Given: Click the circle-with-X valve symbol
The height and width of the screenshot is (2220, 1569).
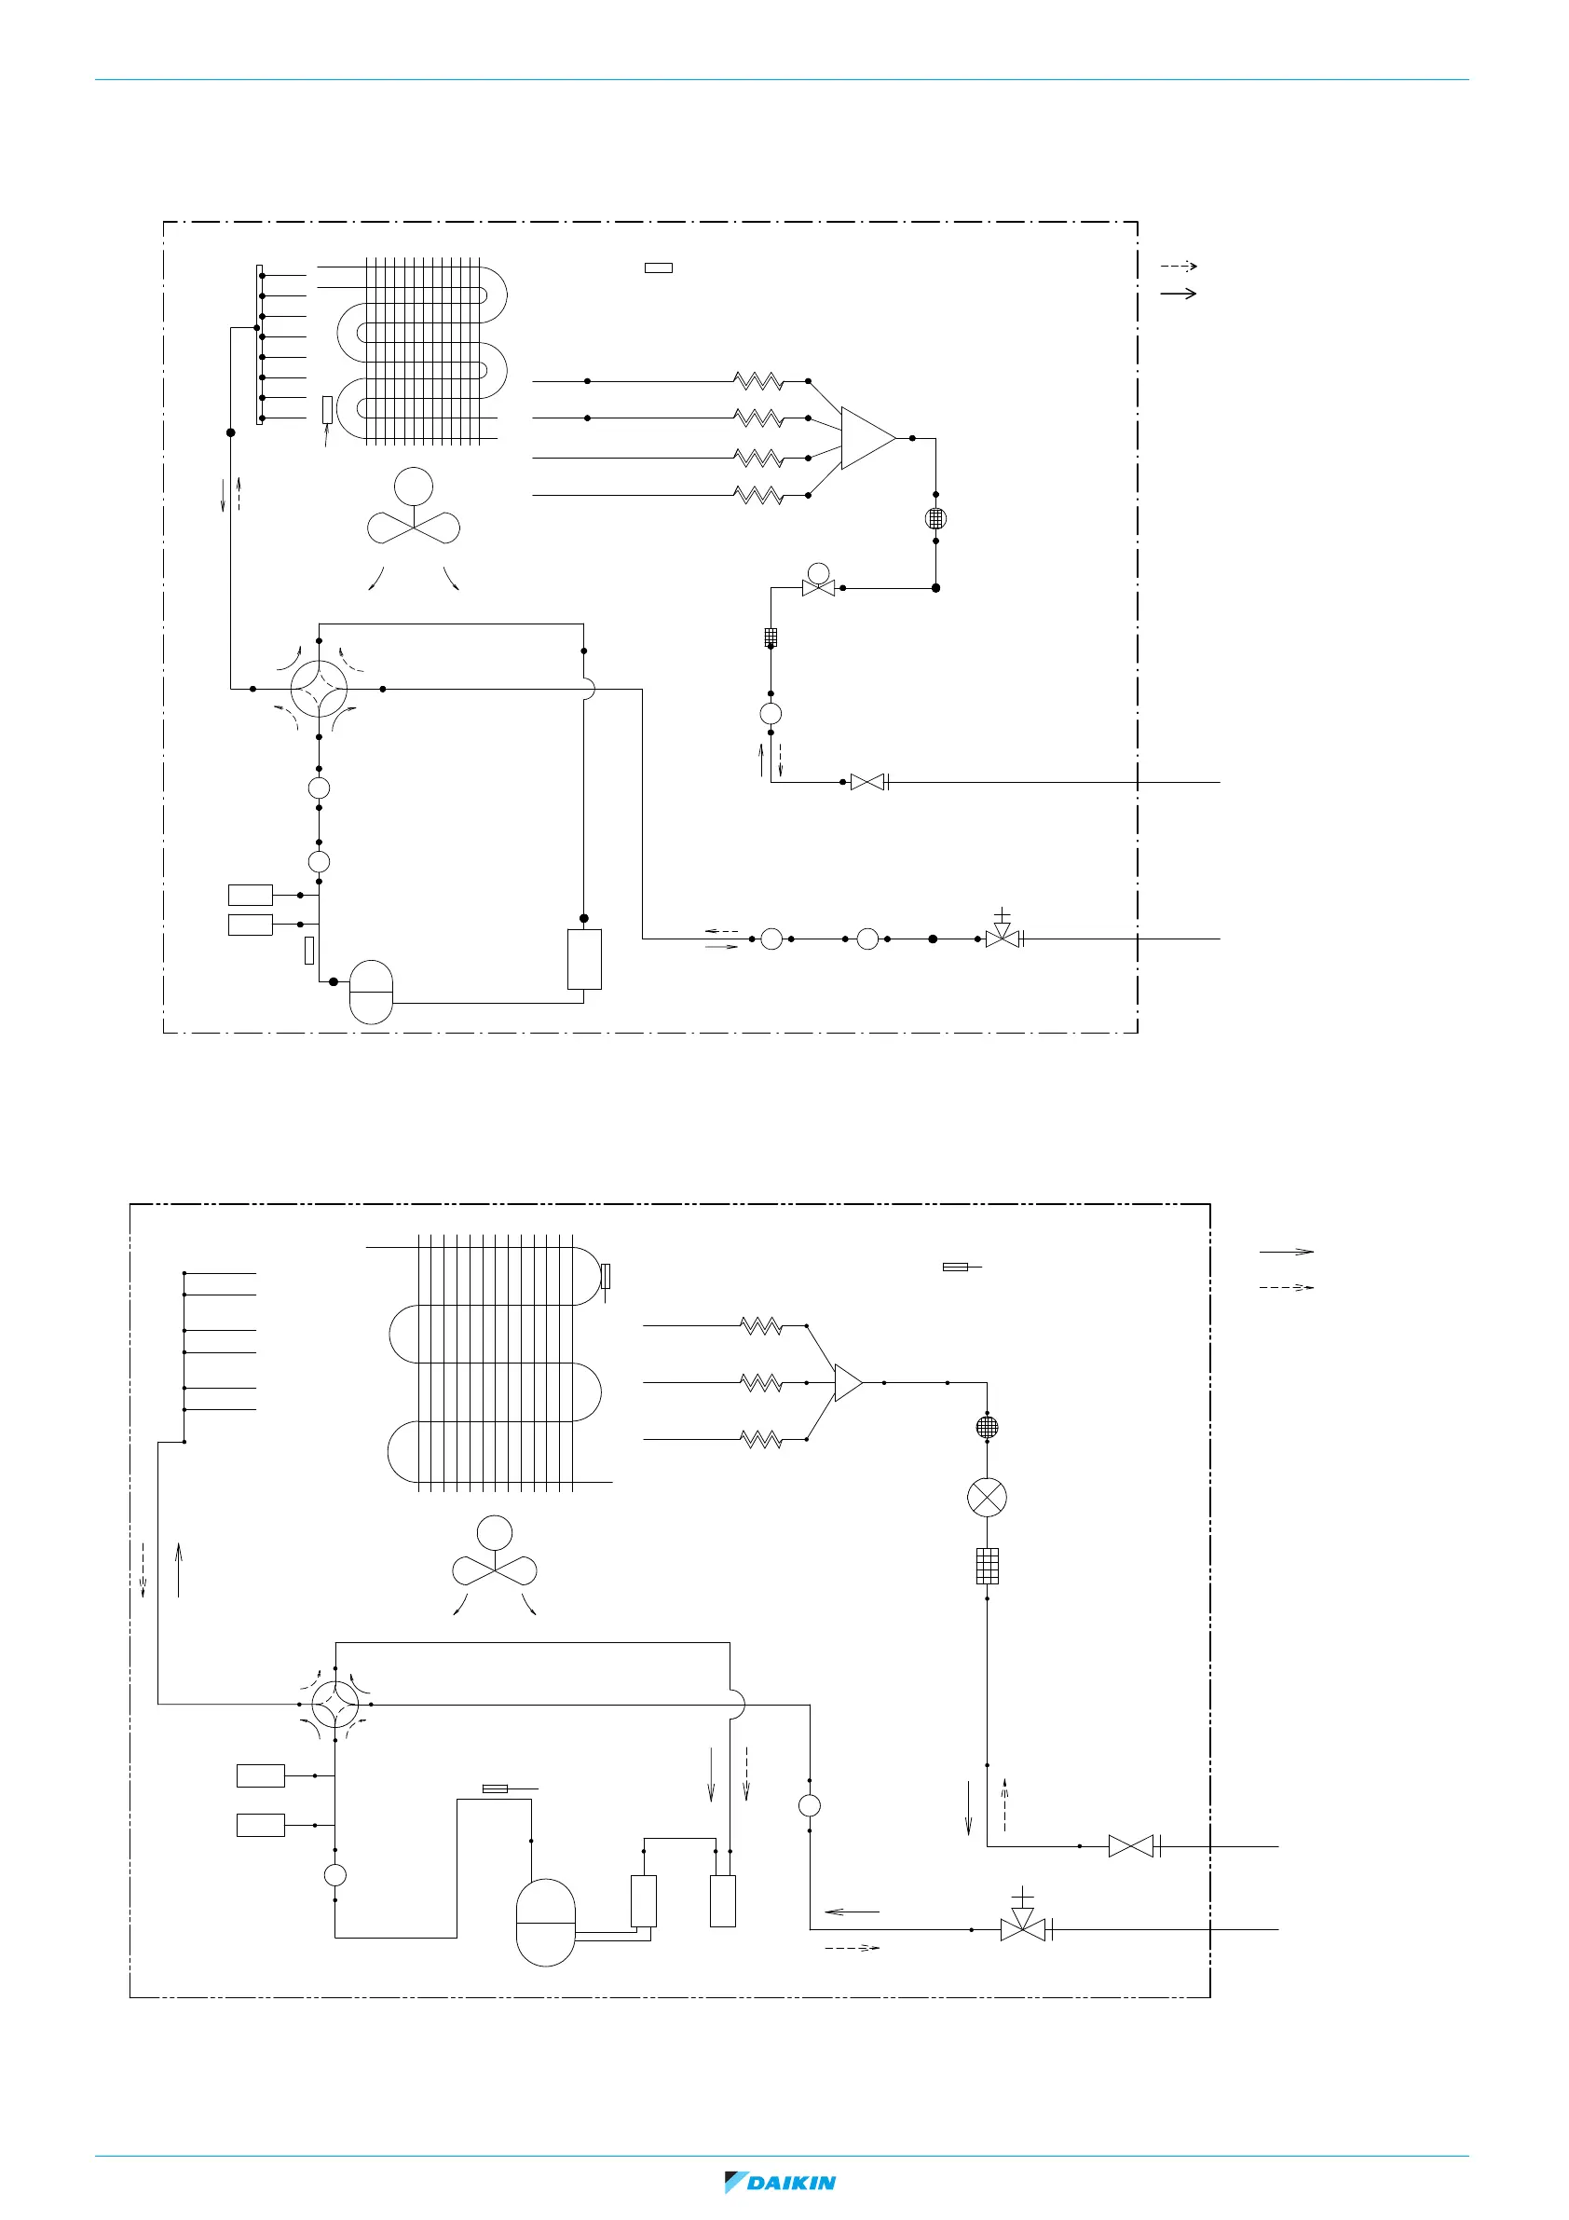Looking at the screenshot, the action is [x=986, y=1498].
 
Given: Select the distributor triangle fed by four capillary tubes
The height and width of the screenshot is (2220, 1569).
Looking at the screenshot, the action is [x=866, y=438].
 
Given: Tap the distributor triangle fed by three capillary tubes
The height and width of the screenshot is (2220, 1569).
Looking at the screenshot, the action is [x=847, y=1383].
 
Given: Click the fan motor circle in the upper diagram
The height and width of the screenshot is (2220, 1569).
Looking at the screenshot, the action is [x=414, y=486].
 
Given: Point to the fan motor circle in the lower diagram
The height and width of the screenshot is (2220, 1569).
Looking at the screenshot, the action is [x=494, y=1532].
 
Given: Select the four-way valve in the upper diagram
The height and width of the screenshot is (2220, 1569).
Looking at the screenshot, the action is [x=319, y=689].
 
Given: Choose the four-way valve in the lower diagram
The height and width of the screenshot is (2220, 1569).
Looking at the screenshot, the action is [x=334, y=1704].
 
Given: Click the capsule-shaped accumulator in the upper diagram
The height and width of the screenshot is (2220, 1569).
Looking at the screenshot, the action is [x=370, y=991].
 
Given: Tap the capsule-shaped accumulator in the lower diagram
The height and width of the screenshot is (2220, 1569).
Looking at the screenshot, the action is [x=545, y=1922].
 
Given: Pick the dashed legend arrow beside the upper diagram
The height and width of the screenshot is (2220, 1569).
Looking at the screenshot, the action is [x=1179, y=266].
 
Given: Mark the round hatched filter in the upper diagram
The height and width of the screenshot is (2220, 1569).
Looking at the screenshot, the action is [x=935, y=518].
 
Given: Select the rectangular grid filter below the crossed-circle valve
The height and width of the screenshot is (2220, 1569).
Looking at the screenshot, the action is [x=986, y=1567].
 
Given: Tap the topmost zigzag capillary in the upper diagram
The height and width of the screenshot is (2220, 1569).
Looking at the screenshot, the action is [x=759, y=381].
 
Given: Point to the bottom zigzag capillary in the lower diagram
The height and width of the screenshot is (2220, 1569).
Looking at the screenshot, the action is [x=761, y=1440].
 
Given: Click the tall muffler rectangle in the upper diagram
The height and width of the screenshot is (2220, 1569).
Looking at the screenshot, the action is [x=584, y=959].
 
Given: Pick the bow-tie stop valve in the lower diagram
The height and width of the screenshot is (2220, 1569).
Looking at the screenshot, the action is [x=1131, y=1846].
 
